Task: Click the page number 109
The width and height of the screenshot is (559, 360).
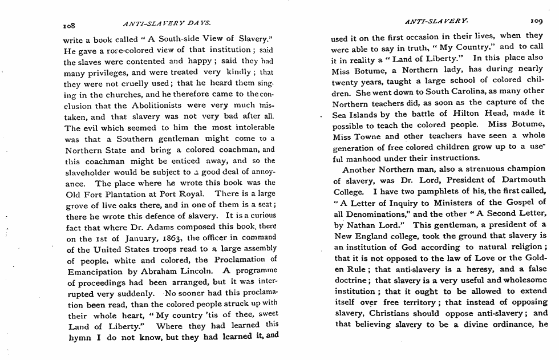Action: coord(536,22)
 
